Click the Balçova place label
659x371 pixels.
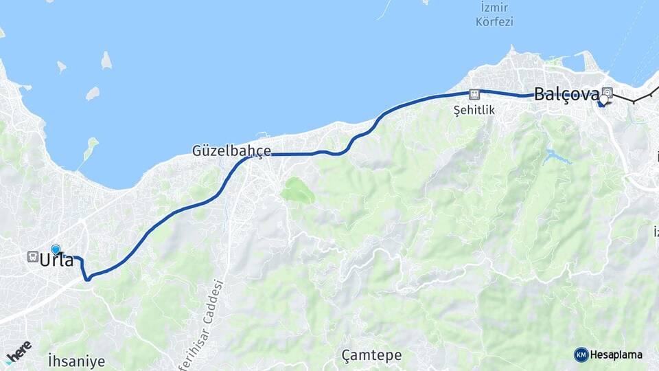[566, 94]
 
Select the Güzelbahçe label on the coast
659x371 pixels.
[231, 150]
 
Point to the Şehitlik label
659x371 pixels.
[474, 109]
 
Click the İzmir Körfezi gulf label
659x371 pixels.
[494, 14]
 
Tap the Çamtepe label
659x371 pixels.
[371, 355]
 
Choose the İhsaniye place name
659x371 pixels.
[76, 360]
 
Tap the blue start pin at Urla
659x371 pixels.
[56, 250]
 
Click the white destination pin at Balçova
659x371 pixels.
[603, 100]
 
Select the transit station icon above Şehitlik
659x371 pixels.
[474, 94]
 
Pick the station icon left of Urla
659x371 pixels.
[32, 257]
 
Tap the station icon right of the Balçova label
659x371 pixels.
[608, 92]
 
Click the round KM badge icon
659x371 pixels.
[581, 355]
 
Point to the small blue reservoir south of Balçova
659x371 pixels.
[555, 157]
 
